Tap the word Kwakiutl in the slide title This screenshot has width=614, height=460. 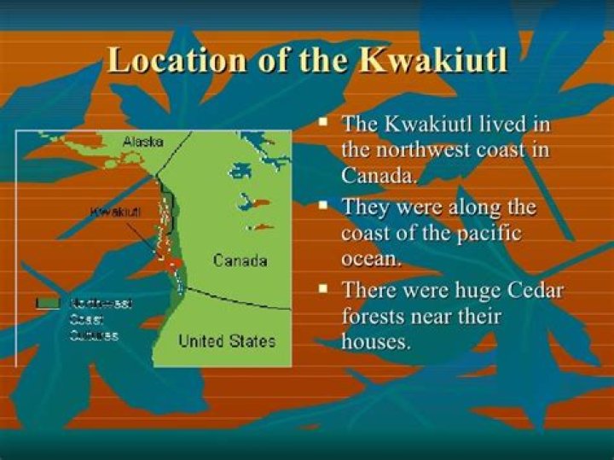coord(433,61)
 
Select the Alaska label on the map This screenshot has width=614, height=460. coord(142,142)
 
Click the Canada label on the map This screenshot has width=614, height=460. coord(240,260)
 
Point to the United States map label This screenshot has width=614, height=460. coord(227,341)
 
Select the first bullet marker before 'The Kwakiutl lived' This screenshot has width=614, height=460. coord(324,124)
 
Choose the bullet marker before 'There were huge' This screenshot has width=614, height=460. coord(324,289)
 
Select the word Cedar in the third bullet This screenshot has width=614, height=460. coord(535,290)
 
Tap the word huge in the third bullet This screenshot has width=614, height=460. coord(473,290)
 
